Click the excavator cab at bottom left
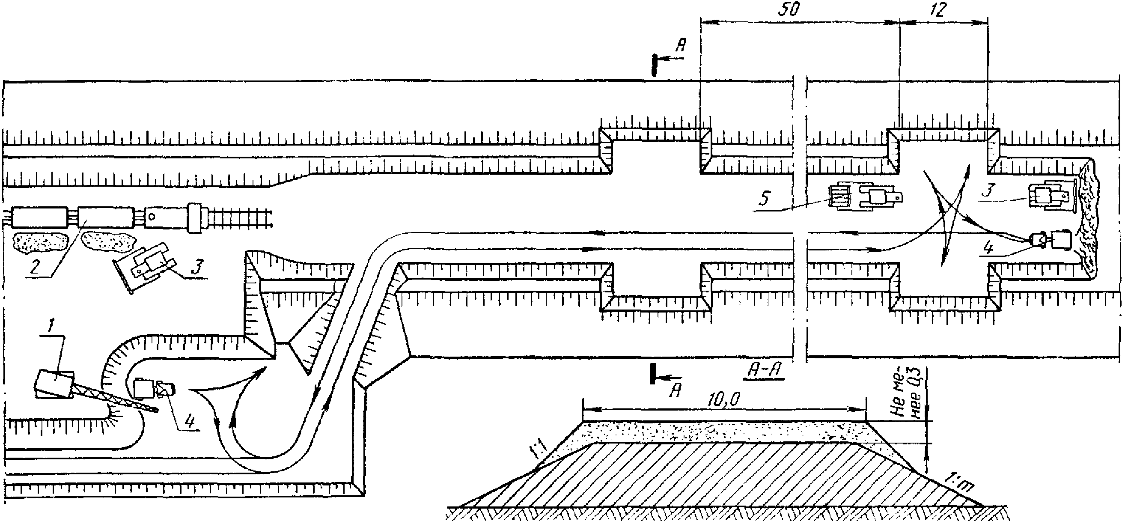[54, 383]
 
